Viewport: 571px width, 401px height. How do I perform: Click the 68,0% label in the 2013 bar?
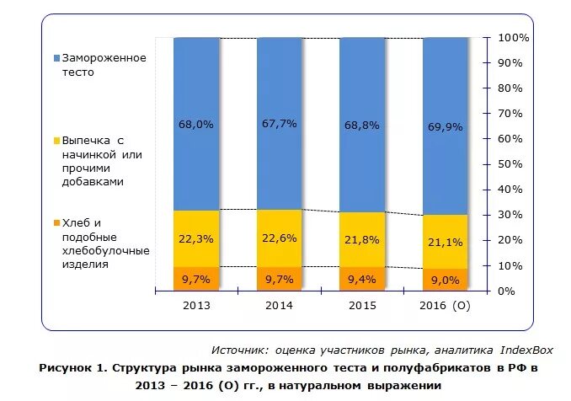pos(196,124)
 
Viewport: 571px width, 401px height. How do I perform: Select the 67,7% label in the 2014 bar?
pos(279,124)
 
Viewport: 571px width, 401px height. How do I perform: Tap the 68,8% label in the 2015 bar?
pos(361,124)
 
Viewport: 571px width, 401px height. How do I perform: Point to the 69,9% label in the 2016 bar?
pos(445,126)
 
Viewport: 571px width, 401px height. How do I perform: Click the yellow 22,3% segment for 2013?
pos(196,238)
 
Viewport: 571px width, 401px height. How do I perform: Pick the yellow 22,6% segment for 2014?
pos(279,238)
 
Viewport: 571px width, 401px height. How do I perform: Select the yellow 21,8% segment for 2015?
pos(361,240)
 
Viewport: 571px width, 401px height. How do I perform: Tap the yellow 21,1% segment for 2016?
pos(445,242)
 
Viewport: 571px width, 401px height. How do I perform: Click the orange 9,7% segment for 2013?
pos(196,279)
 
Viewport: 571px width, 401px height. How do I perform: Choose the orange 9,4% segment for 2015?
pos(361,279)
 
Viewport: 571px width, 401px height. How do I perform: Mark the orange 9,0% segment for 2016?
pos(445,280)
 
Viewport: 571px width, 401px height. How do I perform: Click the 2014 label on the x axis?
pos(279,305)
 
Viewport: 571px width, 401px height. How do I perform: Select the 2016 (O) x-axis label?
pos(445,305)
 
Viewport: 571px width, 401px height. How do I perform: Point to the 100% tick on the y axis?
pos(513,38)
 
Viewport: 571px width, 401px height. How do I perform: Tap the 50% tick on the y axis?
pos(515,164)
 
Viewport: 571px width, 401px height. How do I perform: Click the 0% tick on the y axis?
pos(519,291)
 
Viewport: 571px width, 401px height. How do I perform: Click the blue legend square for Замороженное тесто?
pos(57,58)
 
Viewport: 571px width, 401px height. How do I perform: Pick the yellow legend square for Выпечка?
pos(57,140)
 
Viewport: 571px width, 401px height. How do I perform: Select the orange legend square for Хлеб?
pos(57,222)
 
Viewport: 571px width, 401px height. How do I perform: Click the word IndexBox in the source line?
pos(526,349)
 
